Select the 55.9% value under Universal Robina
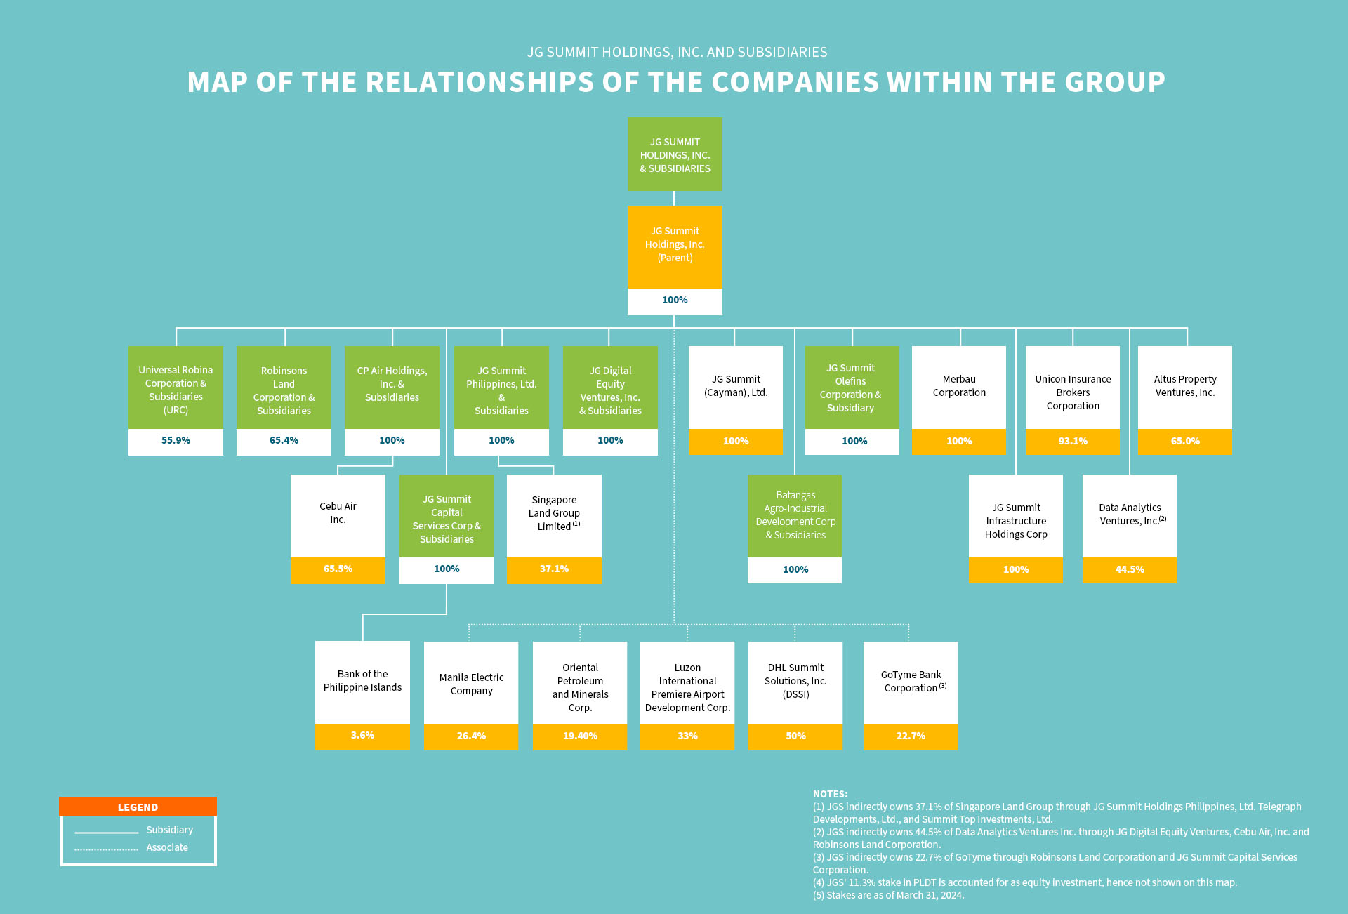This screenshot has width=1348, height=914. coord(176,441)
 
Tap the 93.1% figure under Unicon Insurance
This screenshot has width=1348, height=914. coord(1073,442)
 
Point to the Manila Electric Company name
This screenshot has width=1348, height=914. coord(471,684)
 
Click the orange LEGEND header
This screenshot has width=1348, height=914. coord(138,807)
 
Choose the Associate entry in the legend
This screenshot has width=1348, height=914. coord(167,847)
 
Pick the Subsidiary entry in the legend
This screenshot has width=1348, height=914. coord(169,830)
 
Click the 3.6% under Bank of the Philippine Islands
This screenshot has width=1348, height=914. coord(362,736)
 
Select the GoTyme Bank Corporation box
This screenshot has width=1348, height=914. coord(911,682)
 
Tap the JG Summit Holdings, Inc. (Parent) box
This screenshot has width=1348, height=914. coord(675,245)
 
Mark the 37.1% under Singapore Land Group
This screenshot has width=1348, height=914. coord(554,569)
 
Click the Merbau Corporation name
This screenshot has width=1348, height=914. coord(959,386)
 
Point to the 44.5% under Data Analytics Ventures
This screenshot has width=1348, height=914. coord(1130,570)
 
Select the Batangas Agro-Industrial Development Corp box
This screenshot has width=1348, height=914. coord(795,515)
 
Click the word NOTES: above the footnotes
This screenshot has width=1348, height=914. coord(830,794)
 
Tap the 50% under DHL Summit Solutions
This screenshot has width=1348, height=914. coord(795,736)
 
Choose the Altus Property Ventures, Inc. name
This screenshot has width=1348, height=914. coord(1185,386)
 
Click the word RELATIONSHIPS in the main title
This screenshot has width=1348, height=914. coord(480,82)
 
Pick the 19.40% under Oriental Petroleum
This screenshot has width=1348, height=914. coord(580,736)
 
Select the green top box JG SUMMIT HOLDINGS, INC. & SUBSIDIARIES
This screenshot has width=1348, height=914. coord(675,154)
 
